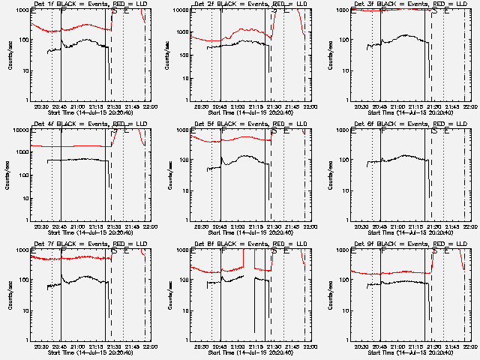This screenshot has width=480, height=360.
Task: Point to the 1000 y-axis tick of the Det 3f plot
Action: pyautogui.click(x=341, y=10)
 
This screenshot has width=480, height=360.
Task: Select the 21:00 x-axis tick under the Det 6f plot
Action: pyautogui.click(x=398, y=226)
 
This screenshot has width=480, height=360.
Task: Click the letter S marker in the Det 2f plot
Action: pyautogui.click(x=274, y=11)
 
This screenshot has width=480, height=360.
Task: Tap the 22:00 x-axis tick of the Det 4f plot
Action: pyautogui.click(x=149, y=226)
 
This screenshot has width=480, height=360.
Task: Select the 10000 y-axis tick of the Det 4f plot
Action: pyautogui.click(x=20, y=130)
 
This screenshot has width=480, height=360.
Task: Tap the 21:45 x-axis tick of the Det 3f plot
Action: pyautogui.click(x=455, y=106)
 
